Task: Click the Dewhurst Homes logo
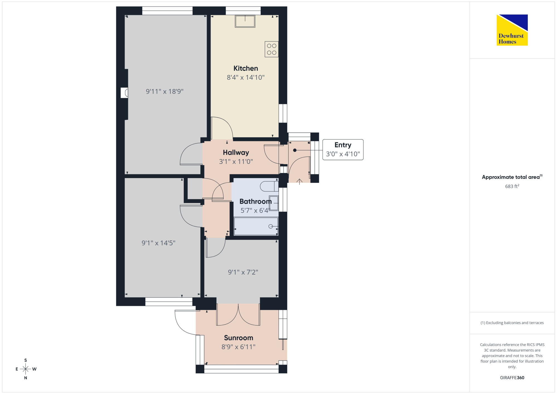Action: [512, 30]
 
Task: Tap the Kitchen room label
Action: [246, 68]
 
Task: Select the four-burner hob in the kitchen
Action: [272, 49]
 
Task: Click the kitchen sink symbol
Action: [245, 21]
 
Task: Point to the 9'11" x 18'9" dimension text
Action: [165, 91]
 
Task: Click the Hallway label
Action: [236, 152]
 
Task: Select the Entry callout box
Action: [343, 150]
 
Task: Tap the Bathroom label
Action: [255, 201]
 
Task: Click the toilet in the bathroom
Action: [269, 186]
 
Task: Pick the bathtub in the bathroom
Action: [256, 226]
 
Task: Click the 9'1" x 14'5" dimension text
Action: [158, 243]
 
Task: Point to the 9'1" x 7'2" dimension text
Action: [243, 272]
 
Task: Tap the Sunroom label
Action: [239, 338]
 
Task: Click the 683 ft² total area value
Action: [512, 186]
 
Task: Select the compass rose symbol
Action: [26, 369]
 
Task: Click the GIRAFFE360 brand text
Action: [512, 378]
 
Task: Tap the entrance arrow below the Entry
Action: [299, 182]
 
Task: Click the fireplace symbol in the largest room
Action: [124, 93]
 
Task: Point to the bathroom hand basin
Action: [273, 203]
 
